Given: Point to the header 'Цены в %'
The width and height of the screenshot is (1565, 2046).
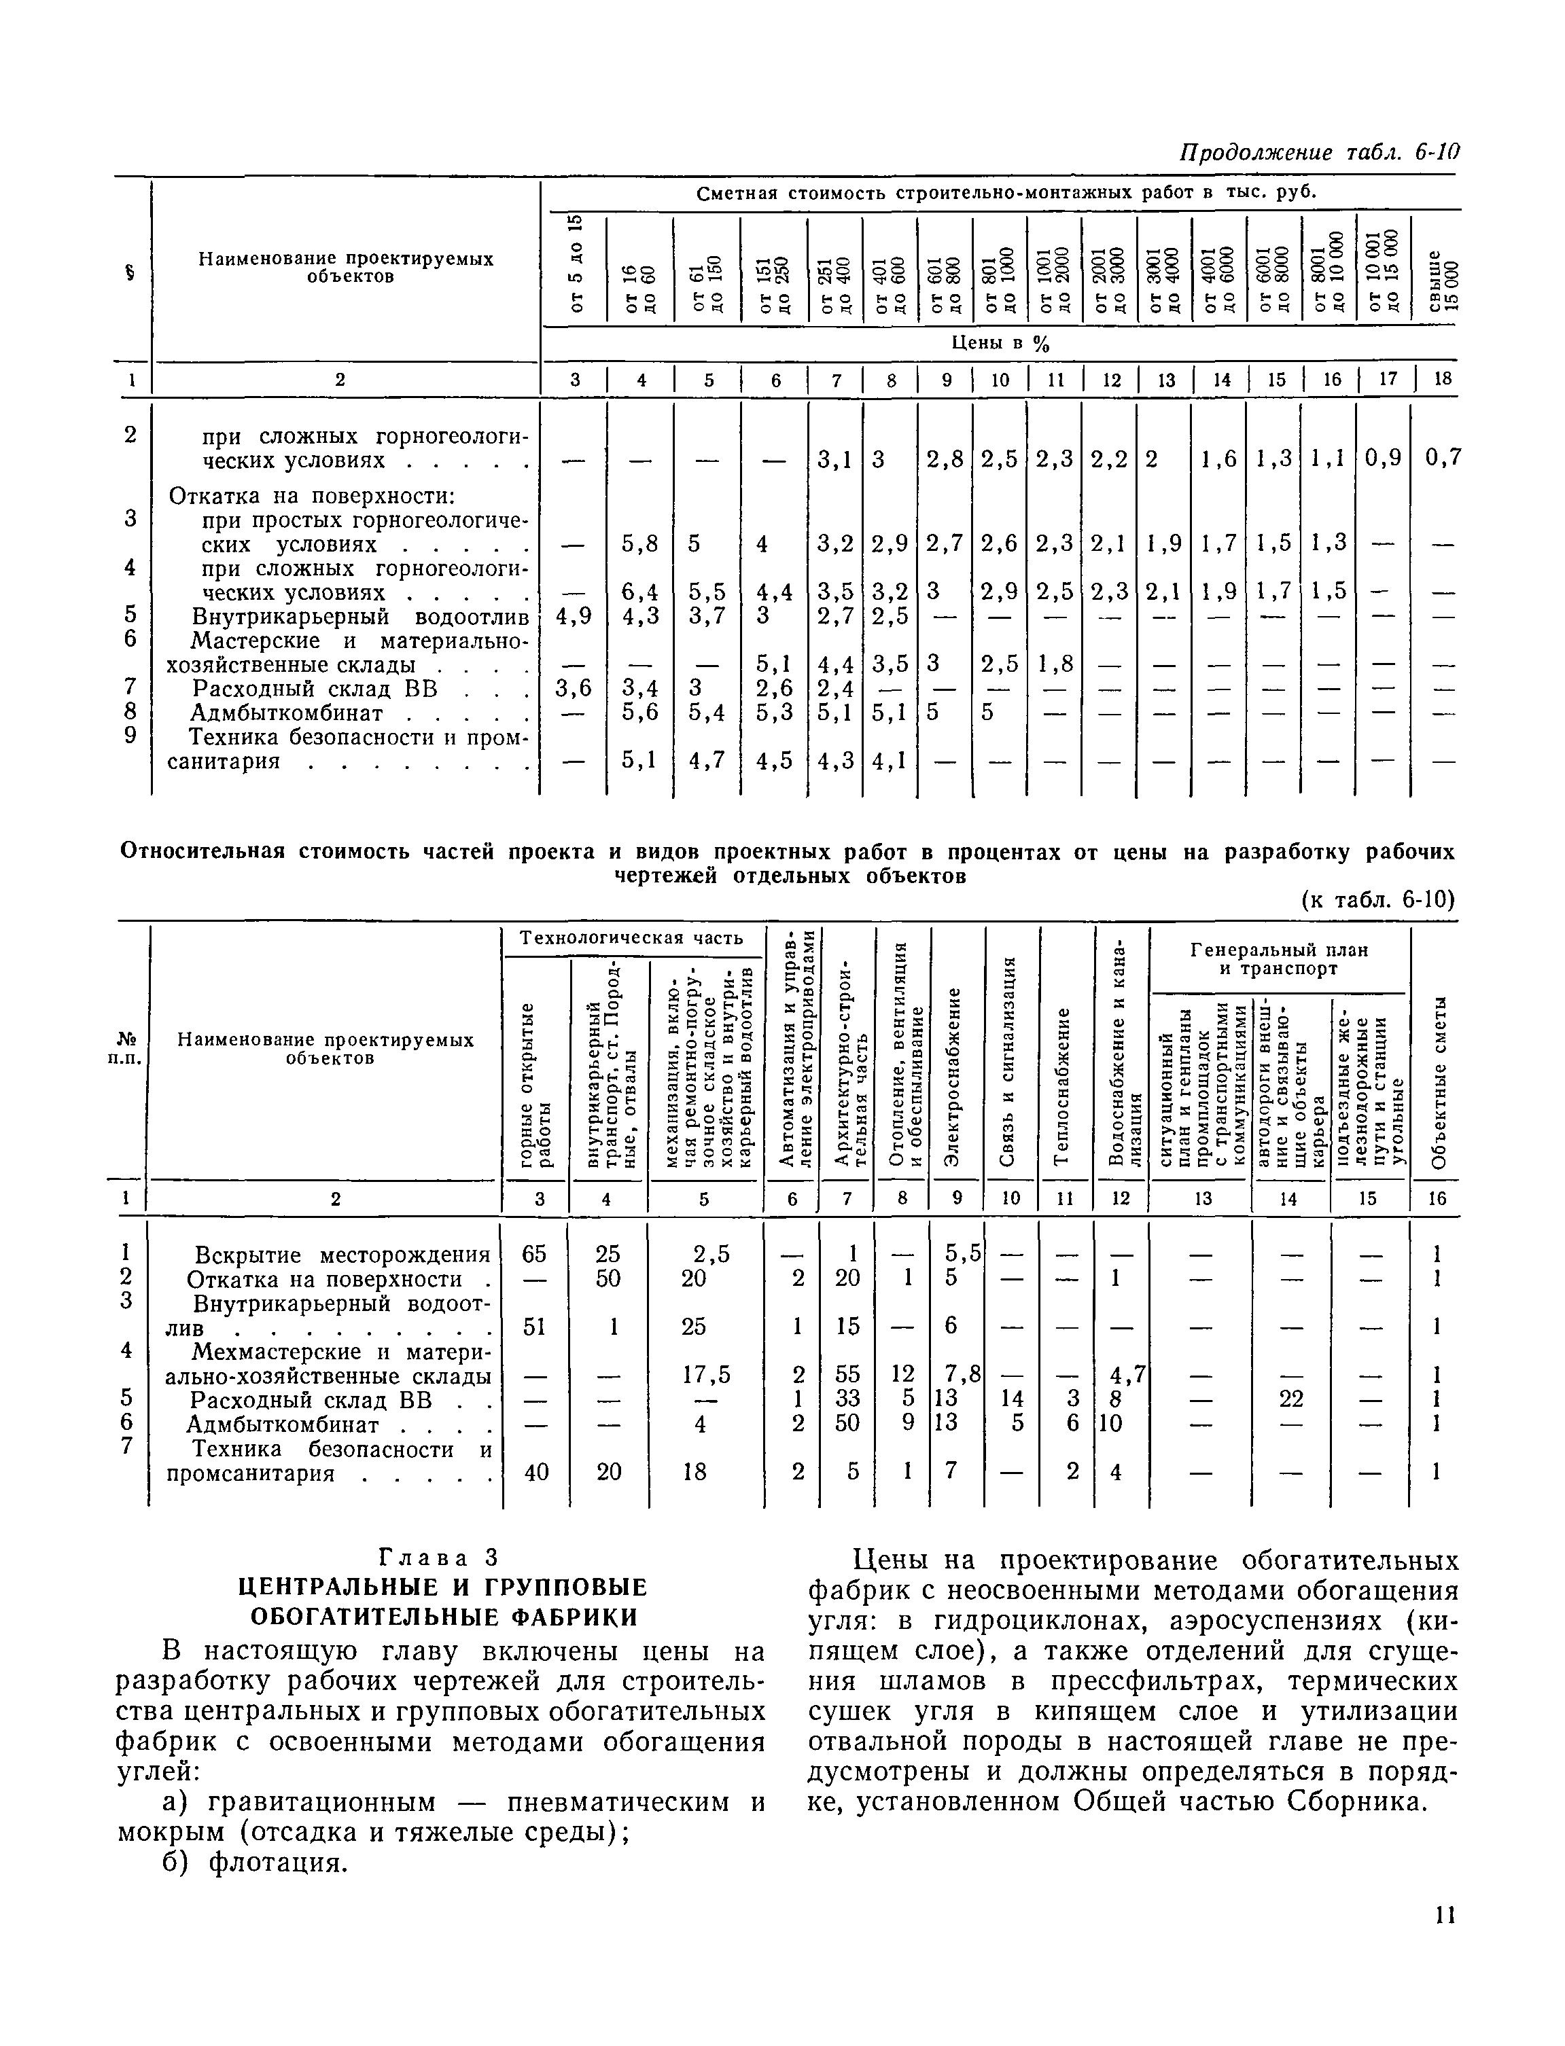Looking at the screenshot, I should tap(1000, 344).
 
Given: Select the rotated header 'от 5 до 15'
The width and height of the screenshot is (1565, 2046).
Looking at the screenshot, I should tap(575, 263).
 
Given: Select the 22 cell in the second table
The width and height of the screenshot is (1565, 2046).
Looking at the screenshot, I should tap(1291, 1398).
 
